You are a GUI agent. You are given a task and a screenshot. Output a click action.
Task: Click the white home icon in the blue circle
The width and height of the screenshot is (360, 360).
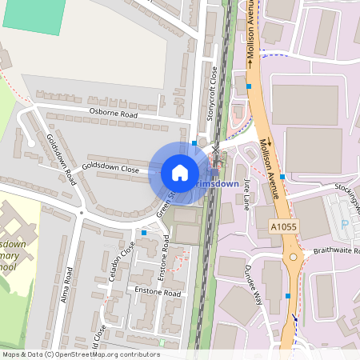[180, 172]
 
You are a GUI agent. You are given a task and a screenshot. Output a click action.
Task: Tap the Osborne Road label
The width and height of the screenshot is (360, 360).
[114, 114]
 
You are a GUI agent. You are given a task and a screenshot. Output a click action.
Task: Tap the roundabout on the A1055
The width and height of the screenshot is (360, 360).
[293, 258]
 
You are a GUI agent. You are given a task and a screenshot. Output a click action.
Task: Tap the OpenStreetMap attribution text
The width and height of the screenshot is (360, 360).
[80, 354]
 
